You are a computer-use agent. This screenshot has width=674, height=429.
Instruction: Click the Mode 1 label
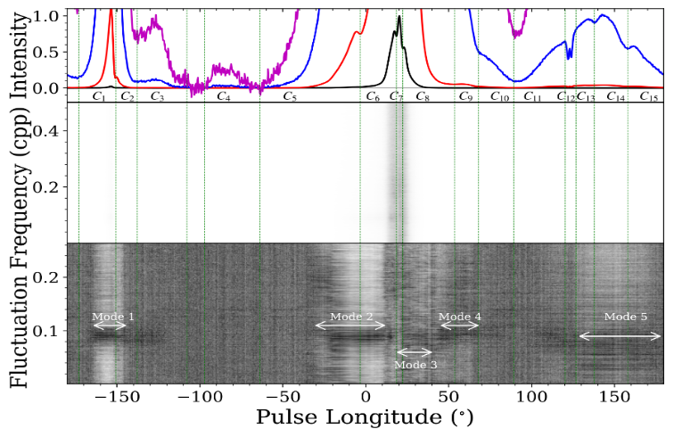point(113,317)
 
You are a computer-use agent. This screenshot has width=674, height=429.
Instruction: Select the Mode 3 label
point(415,365)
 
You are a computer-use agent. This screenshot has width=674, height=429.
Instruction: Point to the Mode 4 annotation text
point(460,317)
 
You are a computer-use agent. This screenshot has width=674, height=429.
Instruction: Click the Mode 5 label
point(625,317)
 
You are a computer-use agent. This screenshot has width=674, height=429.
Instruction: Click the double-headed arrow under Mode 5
point(620,336)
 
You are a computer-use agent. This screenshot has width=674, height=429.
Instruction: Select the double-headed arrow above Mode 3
point(415,351)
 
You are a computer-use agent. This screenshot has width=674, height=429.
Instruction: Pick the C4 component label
point(224,96)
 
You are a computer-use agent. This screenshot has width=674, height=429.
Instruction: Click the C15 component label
point(649,96)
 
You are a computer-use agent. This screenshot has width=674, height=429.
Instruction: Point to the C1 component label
point(99,96)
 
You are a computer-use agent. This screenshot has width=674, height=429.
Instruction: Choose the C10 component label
point(499,96)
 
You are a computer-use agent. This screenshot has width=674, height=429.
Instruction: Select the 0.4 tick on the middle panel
point(52,130)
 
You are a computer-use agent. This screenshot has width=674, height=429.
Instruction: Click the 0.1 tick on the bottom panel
point(52,330)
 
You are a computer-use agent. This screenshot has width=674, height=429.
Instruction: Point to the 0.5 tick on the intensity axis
point(52,53)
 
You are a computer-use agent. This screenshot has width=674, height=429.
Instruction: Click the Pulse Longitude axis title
point(365,417)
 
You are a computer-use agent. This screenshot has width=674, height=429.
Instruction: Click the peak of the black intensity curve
point(399,17)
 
